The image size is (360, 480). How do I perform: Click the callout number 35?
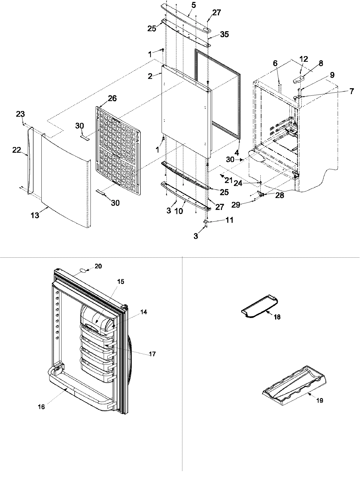pyautogui.click(x=224, y=34)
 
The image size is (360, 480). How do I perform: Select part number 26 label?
pyautogui.click(x=112, y=98)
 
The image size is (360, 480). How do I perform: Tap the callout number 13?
pyautogui.click(x=35, y=215)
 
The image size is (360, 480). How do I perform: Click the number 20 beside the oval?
pyautogui.click(x=98, y=266)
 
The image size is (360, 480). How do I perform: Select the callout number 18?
pyautogui.click(x=277, y=317)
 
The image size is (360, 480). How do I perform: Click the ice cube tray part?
pyautogui.click(x=294, y=382)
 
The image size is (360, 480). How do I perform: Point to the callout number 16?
pyautogui.click(x=41, y=407)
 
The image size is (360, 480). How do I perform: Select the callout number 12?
pyautogui.click(x=304, y=59)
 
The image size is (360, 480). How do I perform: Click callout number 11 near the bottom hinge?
pyautogui.click(x=229, y=220)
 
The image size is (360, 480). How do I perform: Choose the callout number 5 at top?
pyautogui.click(x=193, y=5)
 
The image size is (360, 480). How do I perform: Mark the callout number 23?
pyautogui.click(x=20, y=114)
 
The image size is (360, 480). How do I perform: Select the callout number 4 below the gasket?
pyautogui.click(x=237, y=153)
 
